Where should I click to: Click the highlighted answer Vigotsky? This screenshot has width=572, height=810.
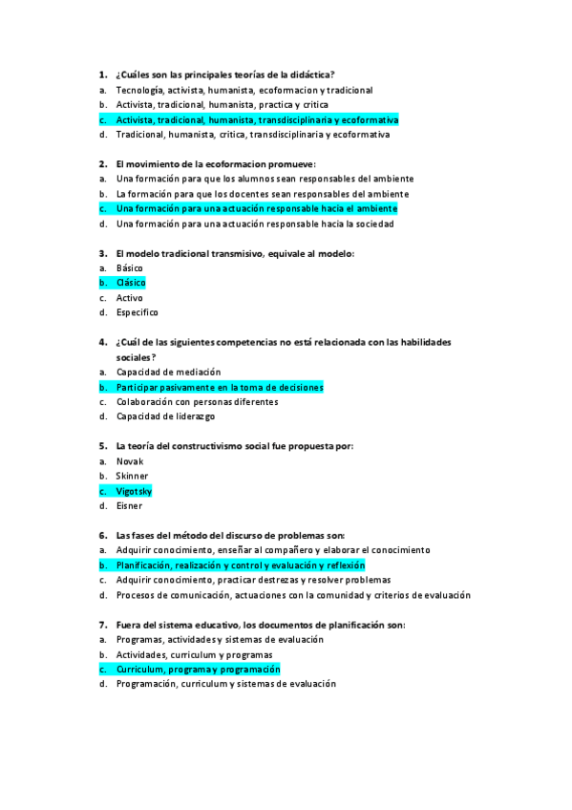[134, 491]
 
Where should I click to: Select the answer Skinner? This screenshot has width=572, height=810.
[132, 476]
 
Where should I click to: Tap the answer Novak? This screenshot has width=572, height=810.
[130, 461]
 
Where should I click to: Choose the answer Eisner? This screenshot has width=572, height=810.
[129, 505]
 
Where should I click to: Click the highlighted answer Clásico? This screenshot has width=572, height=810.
[131, 283]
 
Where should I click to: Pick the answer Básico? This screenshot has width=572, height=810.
[130, 268]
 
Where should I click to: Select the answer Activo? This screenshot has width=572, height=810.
[130, 298]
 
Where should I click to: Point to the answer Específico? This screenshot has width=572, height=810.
[138, 312]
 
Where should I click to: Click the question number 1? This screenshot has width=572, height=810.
[101, 75]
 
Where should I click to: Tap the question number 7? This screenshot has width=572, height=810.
[101, 625]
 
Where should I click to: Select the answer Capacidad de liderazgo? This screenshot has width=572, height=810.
[165, 416]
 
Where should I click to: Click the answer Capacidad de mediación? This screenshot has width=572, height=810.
[168, 372]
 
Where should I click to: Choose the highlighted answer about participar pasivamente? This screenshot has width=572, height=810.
[220, 387]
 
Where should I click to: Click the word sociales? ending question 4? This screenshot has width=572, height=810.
[136, 356]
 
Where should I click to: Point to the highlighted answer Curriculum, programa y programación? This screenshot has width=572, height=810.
[198, 670]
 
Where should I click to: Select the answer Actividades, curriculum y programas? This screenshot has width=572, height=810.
[194, 654]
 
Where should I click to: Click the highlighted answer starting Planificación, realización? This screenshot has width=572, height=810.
[246, 565]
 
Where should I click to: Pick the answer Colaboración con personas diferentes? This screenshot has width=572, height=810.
[198, 402]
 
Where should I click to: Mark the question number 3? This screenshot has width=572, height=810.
[101, 253]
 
